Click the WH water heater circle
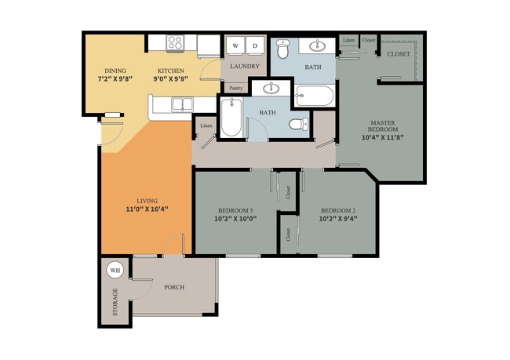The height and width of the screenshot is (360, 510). tap(115, 271)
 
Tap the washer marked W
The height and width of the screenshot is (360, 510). tap(235, 45)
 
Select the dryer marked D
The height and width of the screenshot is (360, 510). tap(255, 45)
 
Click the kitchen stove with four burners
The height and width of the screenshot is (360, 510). tap(175, 43)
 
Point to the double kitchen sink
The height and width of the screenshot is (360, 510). tap(183, 104)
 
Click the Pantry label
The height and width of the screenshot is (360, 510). tap(236, 88)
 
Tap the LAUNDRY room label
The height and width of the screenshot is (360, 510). tap(245, 67)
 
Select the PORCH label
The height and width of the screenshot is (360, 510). tap(174, 288)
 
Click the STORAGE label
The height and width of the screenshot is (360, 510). tap(115, 302)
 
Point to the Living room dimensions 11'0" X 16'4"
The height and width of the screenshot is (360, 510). tap(147, 209)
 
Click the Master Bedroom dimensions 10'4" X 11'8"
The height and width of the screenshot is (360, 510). tap(383, 137)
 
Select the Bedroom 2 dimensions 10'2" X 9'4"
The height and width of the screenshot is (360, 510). tap(338, 219)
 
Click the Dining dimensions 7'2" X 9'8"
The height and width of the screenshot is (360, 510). tap(115, 78)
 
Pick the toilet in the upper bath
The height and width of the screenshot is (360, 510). tap(283, 49)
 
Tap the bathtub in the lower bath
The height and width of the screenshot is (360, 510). tap(231, 117)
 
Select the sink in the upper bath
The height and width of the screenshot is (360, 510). tap(317, 45)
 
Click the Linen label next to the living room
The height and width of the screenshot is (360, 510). tap(206, 125)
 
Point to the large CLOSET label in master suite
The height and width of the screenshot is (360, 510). tap(399, 54)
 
